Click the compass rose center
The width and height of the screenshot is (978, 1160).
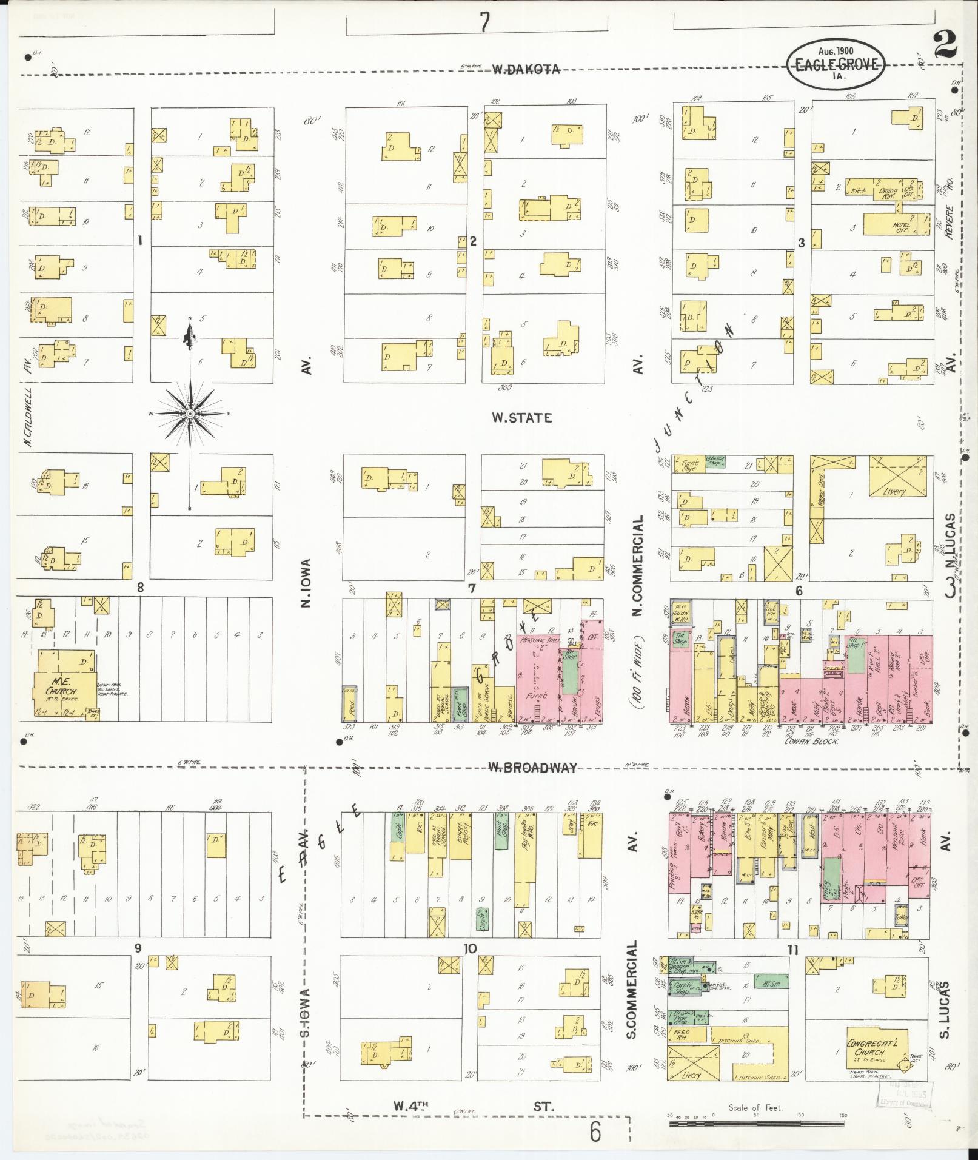click(x=190, y=413)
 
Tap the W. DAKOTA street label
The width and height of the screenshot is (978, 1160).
click(x=525, y=69)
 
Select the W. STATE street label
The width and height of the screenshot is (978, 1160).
click(x=522, y=418)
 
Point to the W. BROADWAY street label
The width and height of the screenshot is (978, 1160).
click(x=532, y=768)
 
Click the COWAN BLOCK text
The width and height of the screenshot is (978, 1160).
click(x=811, y=741)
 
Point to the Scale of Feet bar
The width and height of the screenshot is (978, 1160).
click(x=756, y=1124)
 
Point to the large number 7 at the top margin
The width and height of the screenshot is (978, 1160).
click(x=484, y=22)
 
